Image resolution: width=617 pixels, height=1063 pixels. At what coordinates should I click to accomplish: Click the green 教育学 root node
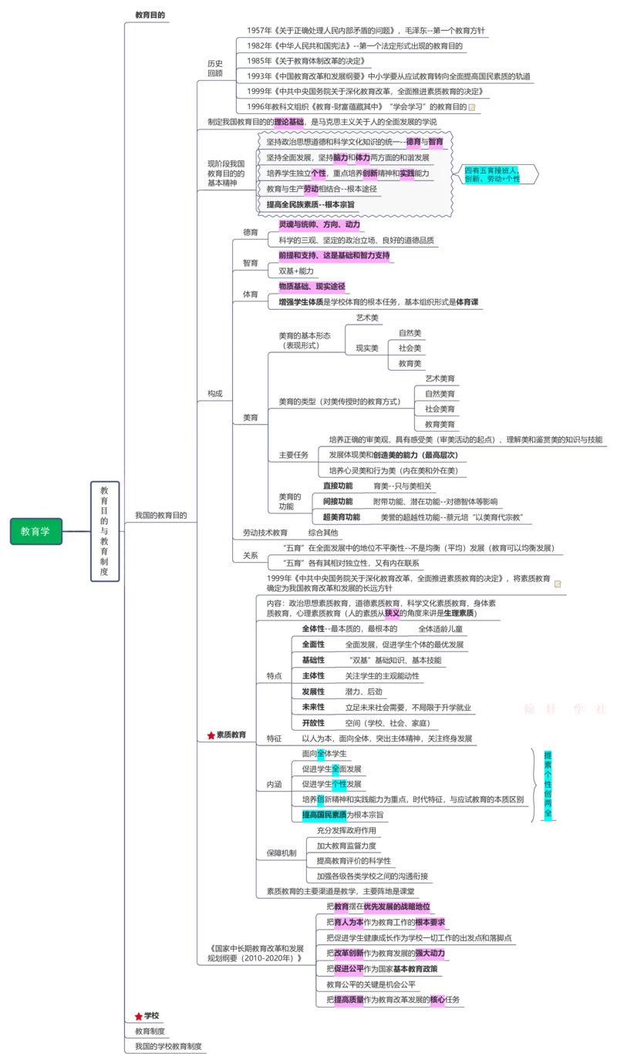point(35,531)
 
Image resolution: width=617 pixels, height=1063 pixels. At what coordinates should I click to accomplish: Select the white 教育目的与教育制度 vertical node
point(104,531)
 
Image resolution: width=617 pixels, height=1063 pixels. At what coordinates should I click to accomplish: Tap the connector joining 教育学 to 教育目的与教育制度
point(77,531)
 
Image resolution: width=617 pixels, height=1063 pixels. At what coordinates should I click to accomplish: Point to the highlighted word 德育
point(416,142)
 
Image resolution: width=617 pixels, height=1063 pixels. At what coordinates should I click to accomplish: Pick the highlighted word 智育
point(437,142)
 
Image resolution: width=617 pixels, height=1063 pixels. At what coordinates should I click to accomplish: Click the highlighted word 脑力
point(340,157)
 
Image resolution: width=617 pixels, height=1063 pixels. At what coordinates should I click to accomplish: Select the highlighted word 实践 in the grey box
point(406,173)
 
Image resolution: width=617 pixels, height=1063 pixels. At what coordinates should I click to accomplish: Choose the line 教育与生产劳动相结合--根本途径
point(321,189)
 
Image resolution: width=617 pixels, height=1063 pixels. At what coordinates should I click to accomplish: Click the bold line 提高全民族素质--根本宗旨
point(310,204)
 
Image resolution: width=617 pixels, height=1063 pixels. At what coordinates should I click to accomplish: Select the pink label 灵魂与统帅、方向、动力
point(319,224)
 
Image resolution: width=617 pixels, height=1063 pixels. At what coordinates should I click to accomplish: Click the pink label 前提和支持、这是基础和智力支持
point(335,255)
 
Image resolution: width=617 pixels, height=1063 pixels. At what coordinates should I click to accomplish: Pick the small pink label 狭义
point(393,613)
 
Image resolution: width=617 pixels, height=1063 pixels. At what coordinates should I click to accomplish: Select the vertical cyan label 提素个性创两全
point(548,783)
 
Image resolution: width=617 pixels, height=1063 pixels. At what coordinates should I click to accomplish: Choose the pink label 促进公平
point(349,969)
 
